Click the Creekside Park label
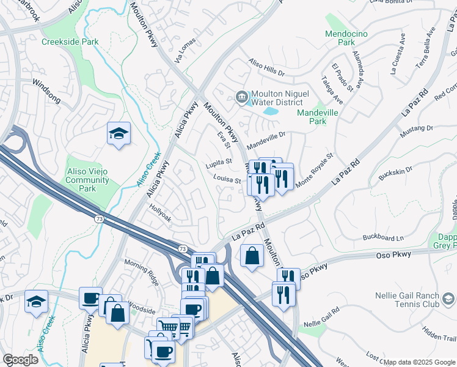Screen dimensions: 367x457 coord(70,42)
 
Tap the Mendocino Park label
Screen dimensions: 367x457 coord(346,38)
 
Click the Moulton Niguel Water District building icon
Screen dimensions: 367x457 coord(242,97)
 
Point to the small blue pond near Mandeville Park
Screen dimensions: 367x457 coord(269,112)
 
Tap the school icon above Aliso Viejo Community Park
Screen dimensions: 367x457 coord(119,134)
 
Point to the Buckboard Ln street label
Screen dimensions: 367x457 coord(383,237)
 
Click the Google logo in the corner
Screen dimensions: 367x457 coord(20,360)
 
